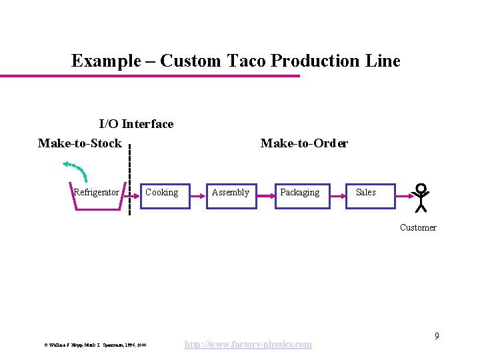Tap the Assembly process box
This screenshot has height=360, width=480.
231,196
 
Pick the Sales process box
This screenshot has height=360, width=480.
370,196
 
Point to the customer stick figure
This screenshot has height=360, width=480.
421,197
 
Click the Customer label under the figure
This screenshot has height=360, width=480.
418,227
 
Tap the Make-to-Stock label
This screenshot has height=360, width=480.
80,143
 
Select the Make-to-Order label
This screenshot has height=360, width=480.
304,143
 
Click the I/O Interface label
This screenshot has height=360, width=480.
136,124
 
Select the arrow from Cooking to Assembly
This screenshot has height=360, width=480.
198,197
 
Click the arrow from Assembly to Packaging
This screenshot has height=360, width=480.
266,197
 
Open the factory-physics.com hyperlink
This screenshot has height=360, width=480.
247,344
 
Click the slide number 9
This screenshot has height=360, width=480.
437,336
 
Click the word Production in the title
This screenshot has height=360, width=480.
315,61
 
